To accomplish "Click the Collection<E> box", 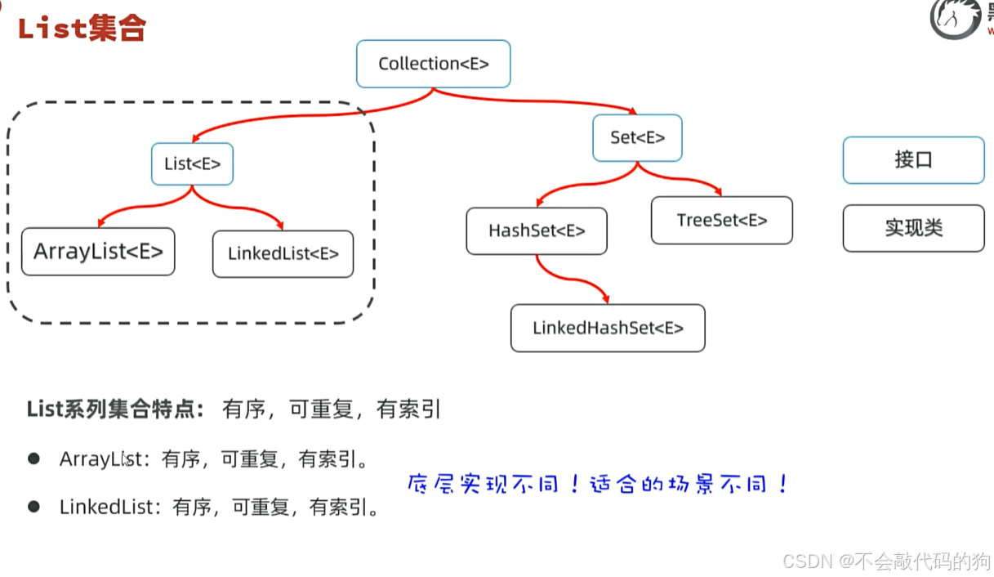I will click(x=433, y=64).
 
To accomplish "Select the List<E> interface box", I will click(x=192, y=163).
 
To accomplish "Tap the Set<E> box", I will click(x=637, y=138).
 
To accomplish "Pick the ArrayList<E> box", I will click(x=98, y=252).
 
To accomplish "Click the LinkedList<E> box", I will click(x=283, y=254).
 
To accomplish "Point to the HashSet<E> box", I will click(x=537, y=231).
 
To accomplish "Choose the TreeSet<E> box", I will click(x=721, y=221).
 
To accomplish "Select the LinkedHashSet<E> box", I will click(x=608, y=329).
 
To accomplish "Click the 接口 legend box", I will click(x=913, y=160).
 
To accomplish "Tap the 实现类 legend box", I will click(x=913, y=228).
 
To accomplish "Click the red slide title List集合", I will click(x=81, y=29).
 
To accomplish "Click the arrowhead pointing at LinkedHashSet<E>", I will click(x=604, y=299).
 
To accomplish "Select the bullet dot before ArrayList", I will click(x=33, y=459).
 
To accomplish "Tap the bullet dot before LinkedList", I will click(x=33, y=507).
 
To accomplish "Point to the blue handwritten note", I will click(x=598, y=484).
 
